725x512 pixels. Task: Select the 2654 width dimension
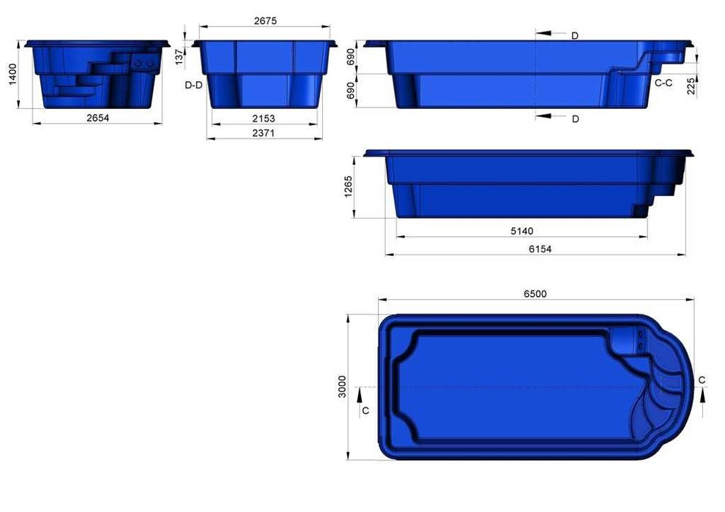click(x=97, y=118)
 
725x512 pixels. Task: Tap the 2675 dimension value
click(x=265, y=22)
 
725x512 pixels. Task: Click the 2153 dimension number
click(x=265, y=118)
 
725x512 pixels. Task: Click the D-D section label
click(x=193, y=86)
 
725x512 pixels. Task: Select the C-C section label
click(x=663, y=83)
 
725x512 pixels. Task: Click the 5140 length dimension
click(x=521, y=231)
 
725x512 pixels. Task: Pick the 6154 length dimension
click(x=540, y=249)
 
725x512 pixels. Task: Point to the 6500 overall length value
click(x=535, y=294)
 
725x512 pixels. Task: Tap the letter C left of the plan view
click(x=365, y=410)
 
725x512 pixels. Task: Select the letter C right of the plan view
click(x=702, y=380)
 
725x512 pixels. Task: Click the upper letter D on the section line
click(x=574, y=35)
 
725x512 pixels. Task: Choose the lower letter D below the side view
click(x=575, y=118)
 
